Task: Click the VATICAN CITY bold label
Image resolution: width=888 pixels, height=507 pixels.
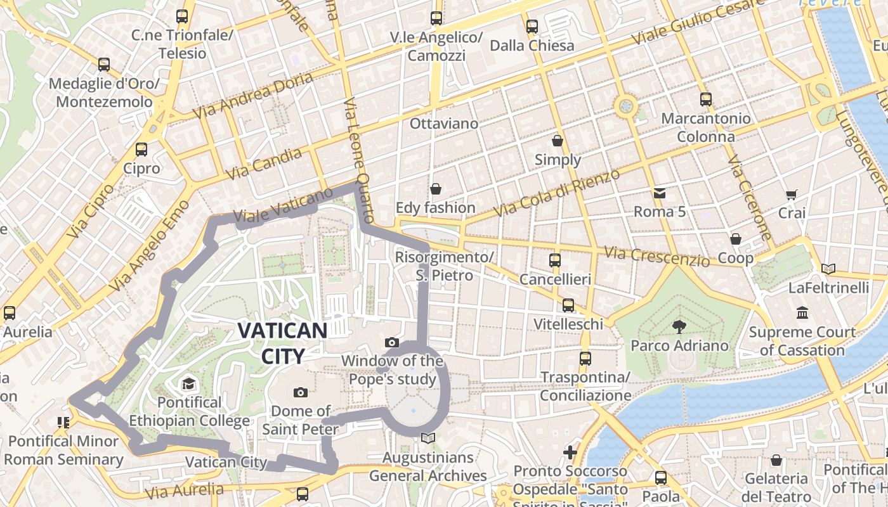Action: click(x=282, y=343)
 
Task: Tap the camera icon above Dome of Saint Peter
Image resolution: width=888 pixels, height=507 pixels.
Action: click(x=301, y=393)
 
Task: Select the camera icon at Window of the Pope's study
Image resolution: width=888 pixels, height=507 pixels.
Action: click(x=392, y=343)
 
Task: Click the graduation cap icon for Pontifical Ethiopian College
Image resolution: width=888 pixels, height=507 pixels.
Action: click(x=188, y=383)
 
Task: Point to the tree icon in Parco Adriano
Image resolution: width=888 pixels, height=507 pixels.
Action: click(x=679, y=327)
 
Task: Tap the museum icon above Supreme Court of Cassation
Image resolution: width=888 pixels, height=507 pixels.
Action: click(x=802, y=313)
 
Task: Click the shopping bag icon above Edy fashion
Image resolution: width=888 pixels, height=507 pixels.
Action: click(x=435, y=189)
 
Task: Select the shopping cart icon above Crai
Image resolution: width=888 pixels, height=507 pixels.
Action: click(x=791, y=195)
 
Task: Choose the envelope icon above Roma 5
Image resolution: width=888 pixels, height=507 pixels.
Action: click(x=660, y=193)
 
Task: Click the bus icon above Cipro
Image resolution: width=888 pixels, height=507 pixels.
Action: click(x=141, y=150)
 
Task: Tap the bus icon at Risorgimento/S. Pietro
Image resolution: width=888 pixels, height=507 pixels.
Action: click(x=555, y=260)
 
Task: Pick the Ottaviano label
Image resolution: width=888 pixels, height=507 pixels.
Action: click(x=444, y=124)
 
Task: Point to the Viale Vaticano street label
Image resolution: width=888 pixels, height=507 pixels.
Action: click(x=283, y=205)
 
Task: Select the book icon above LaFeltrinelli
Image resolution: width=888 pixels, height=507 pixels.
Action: click(x=828, y=269)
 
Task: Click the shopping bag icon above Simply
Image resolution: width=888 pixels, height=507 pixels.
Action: click(x=558, y=141)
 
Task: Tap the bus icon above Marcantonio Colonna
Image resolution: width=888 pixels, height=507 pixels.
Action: click(x=705, y=99)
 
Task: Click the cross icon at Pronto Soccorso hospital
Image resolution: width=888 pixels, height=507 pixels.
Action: click(x=570, y=452)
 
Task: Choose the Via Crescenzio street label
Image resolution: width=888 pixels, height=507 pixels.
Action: click(x=656, y=257)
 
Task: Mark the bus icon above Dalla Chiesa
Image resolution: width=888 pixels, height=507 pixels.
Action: click(x=532, y=27)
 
